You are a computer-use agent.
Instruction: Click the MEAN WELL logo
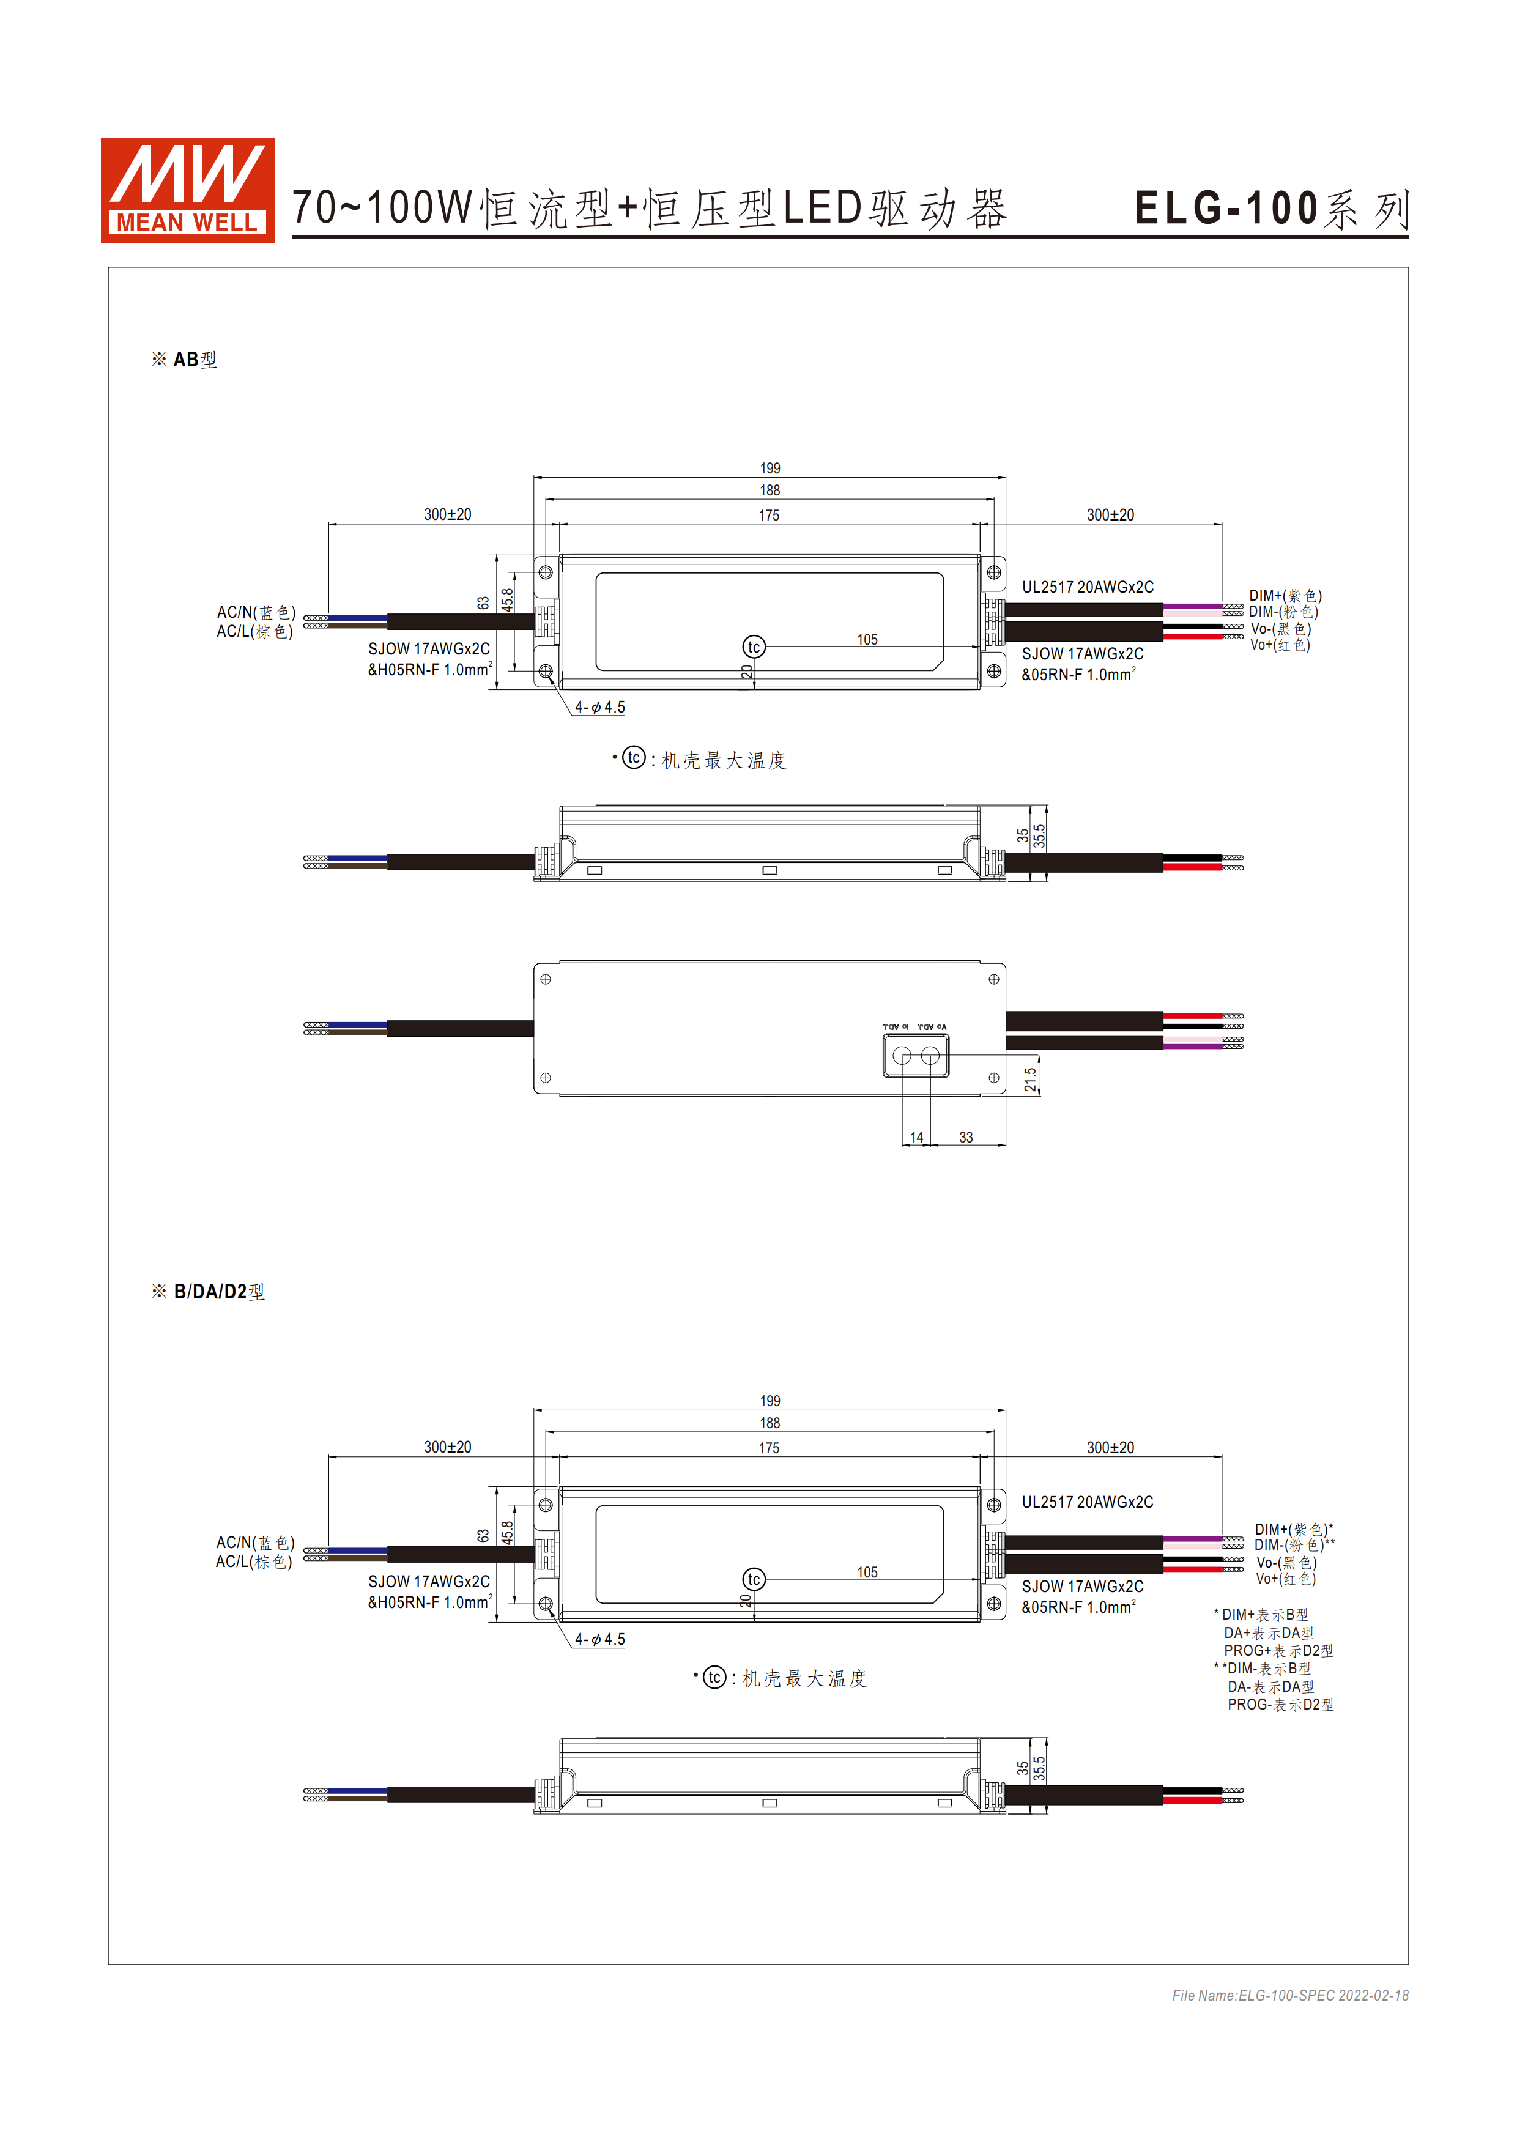coord(187,191)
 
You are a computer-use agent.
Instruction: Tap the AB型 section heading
coord(185,360)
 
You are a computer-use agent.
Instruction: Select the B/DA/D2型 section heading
coord(209,1292)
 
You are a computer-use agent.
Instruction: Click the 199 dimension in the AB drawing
coord(769,468)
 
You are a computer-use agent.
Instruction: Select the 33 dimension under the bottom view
coord(966,1137)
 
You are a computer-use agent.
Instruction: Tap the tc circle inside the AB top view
coord(754,646)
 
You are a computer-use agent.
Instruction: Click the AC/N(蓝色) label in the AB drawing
coord(256,612)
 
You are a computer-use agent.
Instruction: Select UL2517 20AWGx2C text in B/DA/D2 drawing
coord(1088,1502)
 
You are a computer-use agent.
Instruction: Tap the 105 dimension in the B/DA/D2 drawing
coord(867,1573)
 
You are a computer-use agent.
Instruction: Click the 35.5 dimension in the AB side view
coord(1039,836)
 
